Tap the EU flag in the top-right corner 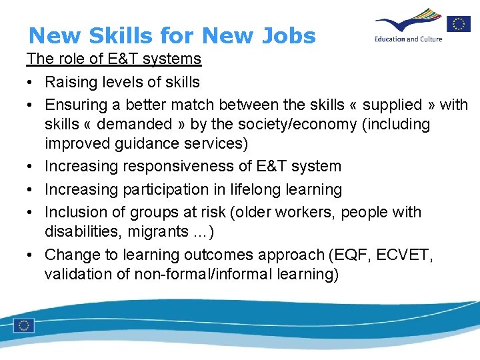[x=459, y=25]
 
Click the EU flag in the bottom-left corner [x=25, y=325]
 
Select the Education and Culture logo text [x=408, y=39]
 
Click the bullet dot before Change [x=32, y=255]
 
